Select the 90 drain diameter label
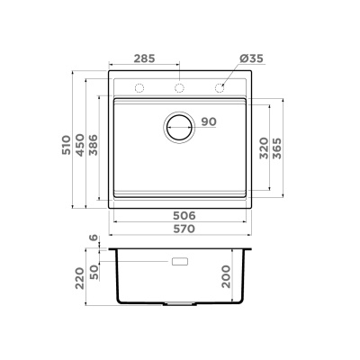pyautogui.click(x=209, y=121)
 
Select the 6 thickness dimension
pyautogui.click(x=94, y=238)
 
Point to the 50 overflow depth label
pyautogui.click(x=94, y=271)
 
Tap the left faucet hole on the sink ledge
pyautogui.click(x=139, y=88)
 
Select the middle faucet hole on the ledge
pyautogui.click(x=179, y=88)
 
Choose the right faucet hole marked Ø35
pyautogui.click(x=220, y=88)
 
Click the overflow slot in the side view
pyautogui.click(x=179, y=262)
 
